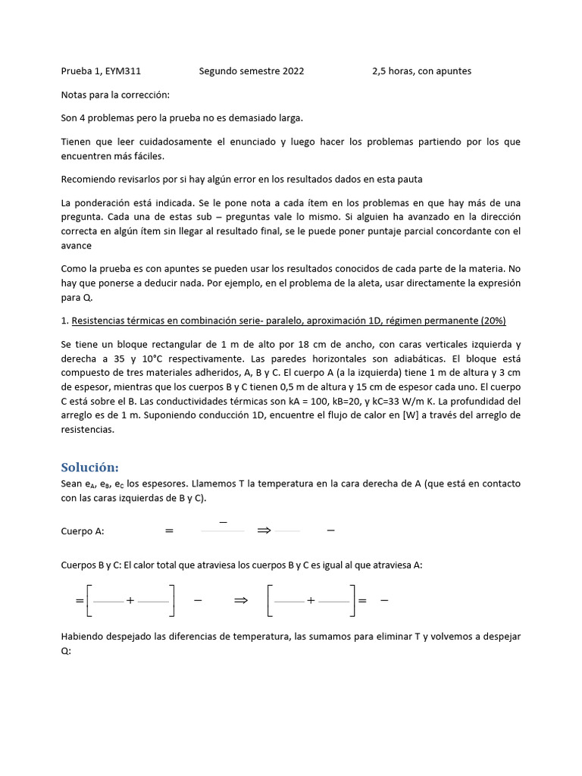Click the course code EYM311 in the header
click(x=124, y=71)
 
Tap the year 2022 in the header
click(x=293, y=71)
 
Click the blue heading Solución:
click(x=89, y=467)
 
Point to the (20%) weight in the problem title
click(x=491, y=321)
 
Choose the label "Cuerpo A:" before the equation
click(x=82, y=531)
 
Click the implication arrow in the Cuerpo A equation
click(x=264, y=531)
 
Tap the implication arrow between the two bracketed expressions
click(x=241, y=600)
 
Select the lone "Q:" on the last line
click(x=65, y=650)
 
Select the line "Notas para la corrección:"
click(x=115, y=95)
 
